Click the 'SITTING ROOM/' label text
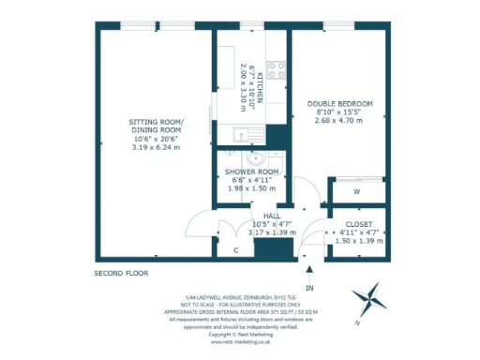[x=157, y=122]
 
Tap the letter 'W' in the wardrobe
[x=357, y=192]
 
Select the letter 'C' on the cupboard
[x=235, y=250]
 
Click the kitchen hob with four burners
[x=277, y=67]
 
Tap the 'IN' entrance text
[x=308, y=288]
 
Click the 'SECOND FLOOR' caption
[x=121, y=273]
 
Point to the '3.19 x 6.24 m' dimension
[x=157, y=147]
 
